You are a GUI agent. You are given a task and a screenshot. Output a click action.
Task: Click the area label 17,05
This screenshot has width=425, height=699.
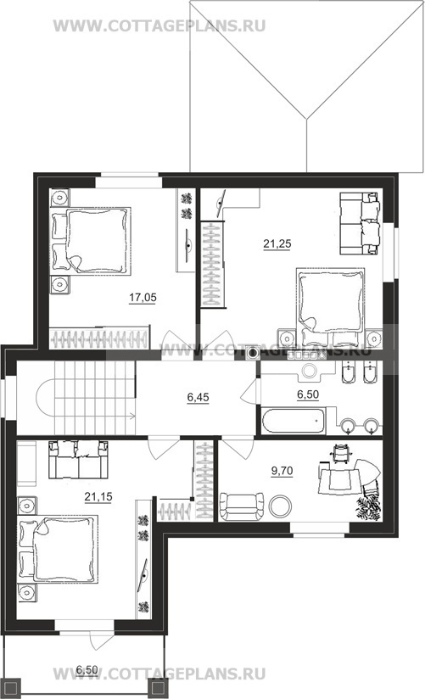pos(143,298)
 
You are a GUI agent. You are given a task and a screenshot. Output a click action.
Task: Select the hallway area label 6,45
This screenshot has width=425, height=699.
pos(198,397)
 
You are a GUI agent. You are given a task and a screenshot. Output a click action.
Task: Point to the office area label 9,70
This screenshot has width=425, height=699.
pos(282,470)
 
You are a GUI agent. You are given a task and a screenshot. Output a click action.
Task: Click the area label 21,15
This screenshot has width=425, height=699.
pos(98,496)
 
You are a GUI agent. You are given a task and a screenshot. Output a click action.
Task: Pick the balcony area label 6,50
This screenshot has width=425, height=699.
pos(87,669)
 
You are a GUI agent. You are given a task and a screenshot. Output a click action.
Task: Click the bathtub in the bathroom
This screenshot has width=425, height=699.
pos(292,421)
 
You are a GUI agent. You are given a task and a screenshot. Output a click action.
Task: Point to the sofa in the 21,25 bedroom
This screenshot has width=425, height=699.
pos(360,223)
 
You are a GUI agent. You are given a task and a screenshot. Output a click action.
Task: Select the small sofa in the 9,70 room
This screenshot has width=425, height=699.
pos(242,506)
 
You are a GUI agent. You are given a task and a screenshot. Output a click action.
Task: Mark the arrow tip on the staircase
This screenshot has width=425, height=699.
pos(135,417)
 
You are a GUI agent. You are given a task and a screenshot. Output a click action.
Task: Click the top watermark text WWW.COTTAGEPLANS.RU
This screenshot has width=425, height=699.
pos(159,25)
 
